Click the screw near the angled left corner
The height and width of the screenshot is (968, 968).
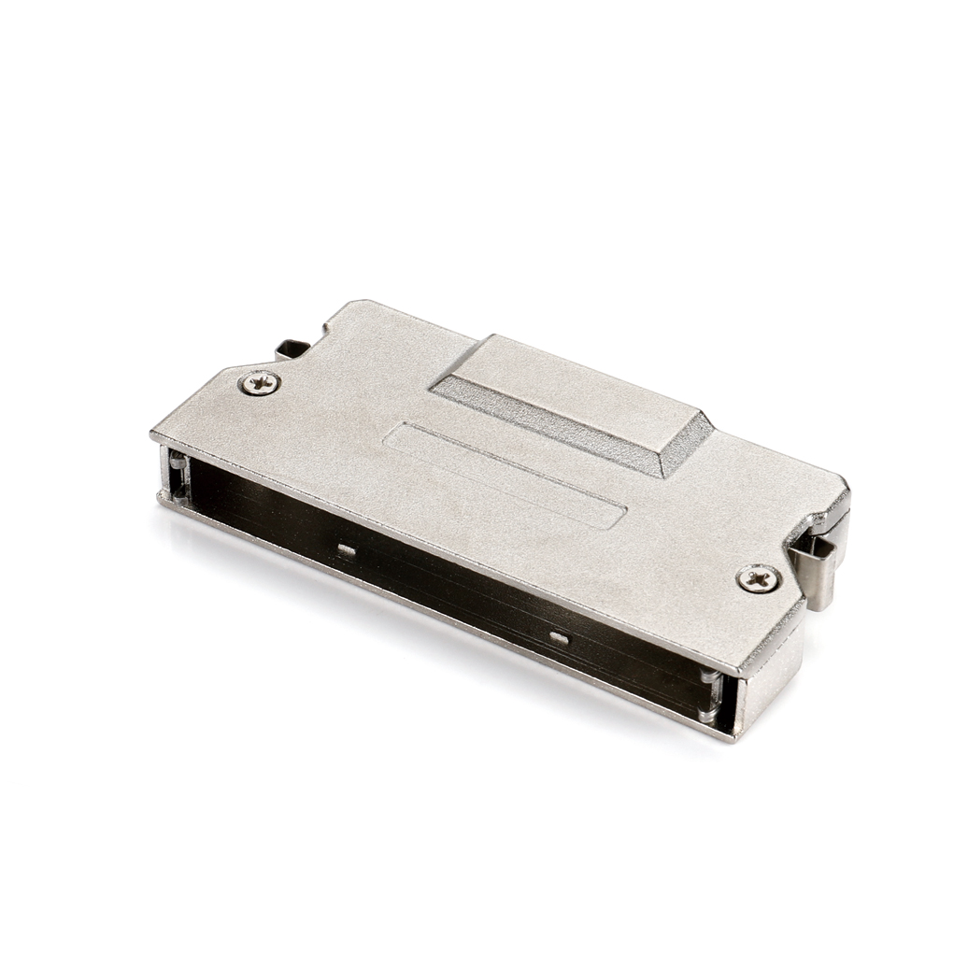tap(259, 381)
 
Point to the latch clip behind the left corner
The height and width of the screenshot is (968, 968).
tap(292, 349)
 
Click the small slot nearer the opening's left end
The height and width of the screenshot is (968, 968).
tap(346, 549)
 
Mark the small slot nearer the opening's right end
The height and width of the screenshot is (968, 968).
tap(558, 638)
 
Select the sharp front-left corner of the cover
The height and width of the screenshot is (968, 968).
tap(153, 435)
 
